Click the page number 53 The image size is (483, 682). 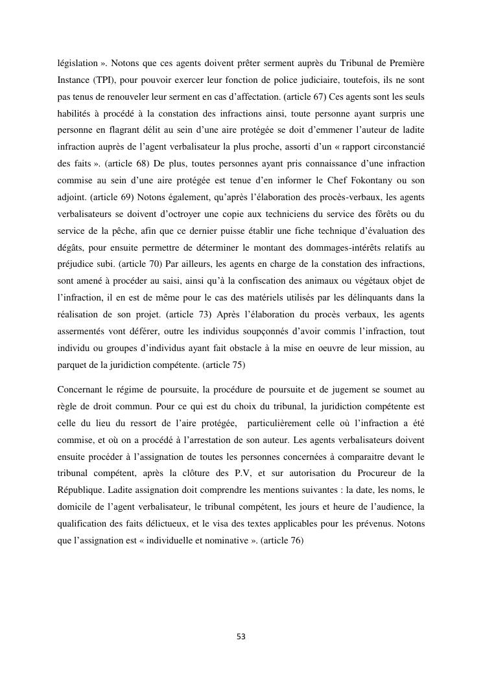point(241,637)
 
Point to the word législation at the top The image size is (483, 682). point(78,65)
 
